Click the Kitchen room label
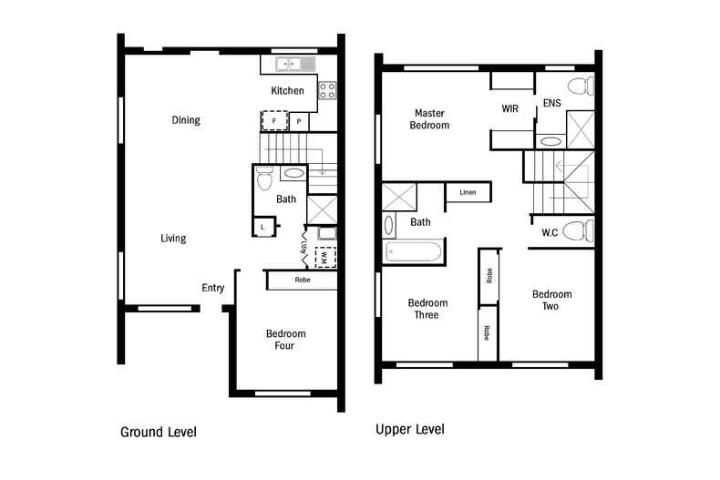pyautogui.click(x=287, y=91)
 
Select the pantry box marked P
pyautogui.click(x=298, y=121)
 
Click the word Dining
pyautogui.click(x=186, y=120)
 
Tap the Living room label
pyautogui.click(x=173, y=239)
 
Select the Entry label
pyautogui.click(x=212, y=288)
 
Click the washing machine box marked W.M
pyautogui.click(x=324, y=259)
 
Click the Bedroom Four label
pyautogui.click(x=286, y=340)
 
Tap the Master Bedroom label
pyautogui.click(x=429, y=119)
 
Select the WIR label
pyautogui.click(x=510, y=108)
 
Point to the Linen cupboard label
pyautogui.click(x=468, y=193)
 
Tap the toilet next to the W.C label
pyautogui.click(x=578, y=230)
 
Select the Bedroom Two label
pyautogui.click(x=552, y=300)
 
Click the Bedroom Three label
pyautogui.click(x=427, y=309)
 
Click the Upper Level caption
pyautogui.click(x=409, y=428)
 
